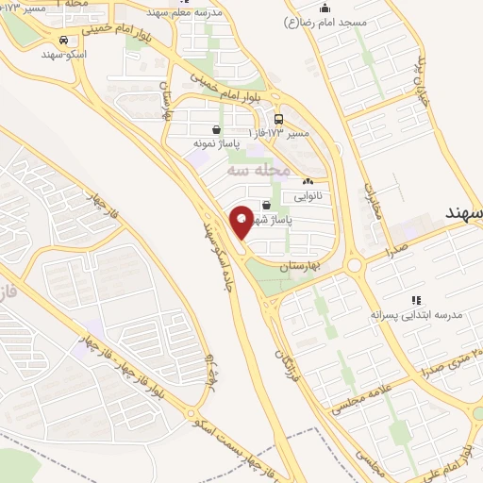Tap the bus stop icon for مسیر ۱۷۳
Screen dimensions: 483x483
[x=278, y=120]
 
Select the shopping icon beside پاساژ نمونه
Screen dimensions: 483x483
[x=217, y=130]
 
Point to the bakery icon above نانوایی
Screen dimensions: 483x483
[x=308, y=181]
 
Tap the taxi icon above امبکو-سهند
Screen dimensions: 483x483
[x=62, y=41]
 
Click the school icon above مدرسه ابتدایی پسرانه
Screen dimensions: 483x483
[x=415, y=300]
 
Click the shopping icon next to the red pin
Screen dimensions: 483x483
[x=266, y=204]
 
